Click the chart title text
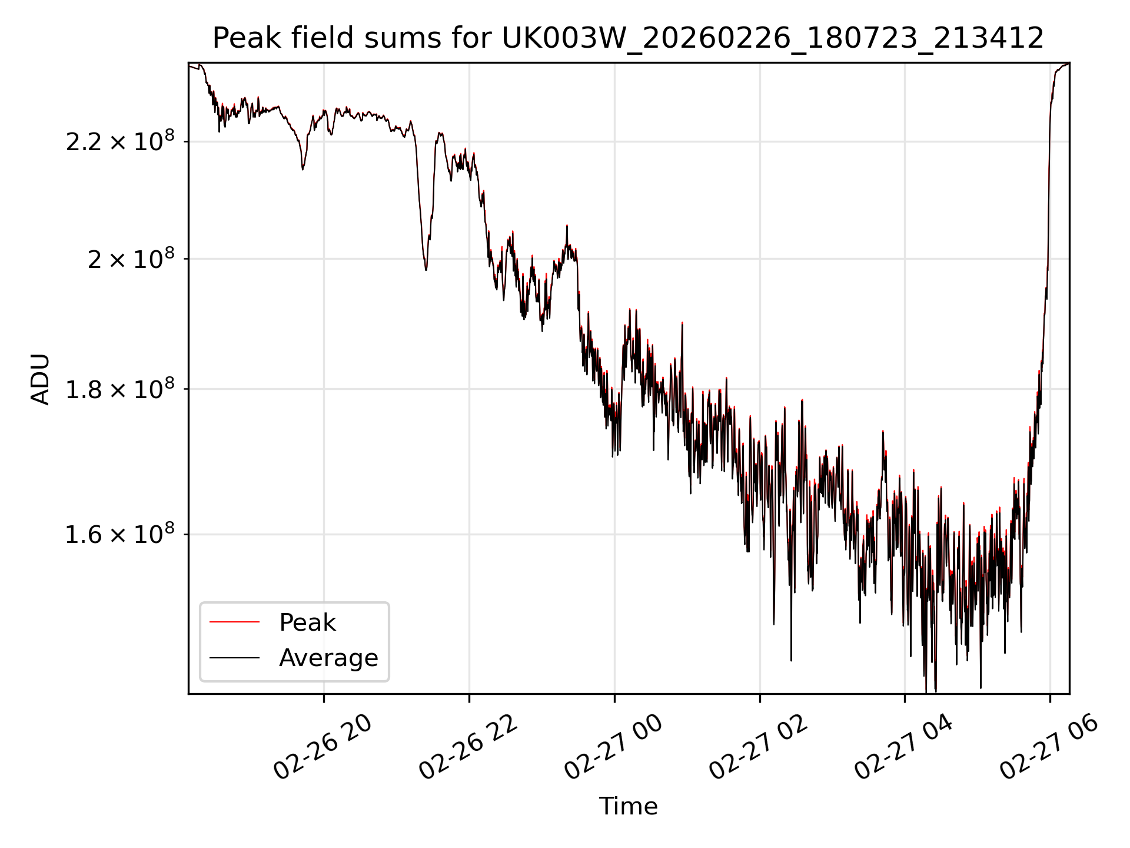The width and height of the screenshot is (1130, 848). [x=628, y=38]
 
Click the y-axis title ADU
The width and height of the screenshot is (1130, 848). [x=41, y=379]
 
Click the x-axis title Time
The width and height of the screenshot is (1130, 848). [x=628, y=806]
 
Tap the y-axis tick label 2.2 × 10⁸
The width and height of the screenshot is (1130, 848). [x=120, y=142]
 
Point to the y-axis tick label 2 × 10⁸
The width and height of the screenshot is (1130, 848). [x=131, y=259]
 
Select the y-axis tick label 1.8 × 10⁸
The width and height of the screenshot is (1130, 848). [x=120, y=389]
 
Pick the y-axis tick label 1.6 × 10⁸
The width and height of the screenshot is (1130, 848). [x=120, y=535]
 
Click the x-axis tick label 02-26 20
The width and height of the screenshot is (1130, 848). [x=323, y=748]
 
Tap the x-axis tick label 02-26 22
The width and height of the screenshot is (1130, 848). [x=468, y=748]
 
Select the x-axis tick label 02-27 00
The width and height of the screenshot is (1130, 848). [x=614, y=748]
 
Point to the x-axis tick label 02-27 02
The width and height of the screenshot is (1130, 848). [x=759, y=748]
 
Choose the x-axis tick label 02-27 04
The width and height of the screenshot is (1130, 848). [x=904, y=748]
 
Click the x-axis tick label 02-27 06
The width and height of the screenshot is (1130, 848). [x=1049, y=748]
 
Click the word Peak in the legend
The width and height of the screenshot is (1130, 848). [x=307, y=622]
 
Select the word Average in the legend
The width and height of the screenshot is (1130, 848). [x=328, y=658]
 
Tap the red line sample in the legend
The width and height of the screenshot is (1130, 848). [x=234, y=622]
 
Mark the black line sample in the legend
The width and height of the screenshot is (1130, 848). [x=234, y=657]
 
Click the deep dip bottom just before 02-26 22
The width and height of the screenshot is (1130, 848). [x=426, y=269]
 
